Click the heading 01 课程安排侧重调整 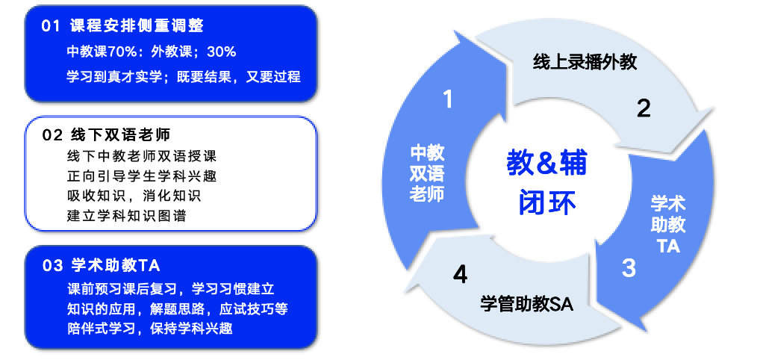(x=122, y=26)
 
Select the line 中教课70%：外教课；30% (x=152, y=52)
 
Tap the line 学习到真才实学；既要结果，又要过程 (x=183, y=76)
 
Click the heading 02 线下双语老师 (x=107, y=135)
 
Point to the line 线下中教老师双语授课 (x=141, y=157)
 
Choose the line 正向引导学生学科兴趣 (x=141, y=177)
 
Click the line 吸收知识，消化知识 (x=134, y=196)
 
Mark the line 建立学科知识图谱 (x=126, y=217)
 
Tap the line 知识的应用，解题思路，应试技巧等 (x=182, y=308)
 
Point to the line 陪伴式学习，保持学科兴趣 (x=149, y=328)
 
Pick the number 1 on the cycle (x=448, y=98)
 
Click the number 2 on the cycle (x=644, y=109)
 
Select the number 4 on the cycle (x=460, y=275)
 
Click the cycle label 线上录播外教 (x=585, y=62)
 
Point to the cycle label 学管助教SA (x=527, y=304)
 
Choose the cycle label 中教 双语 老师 (x=427, y=173)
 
